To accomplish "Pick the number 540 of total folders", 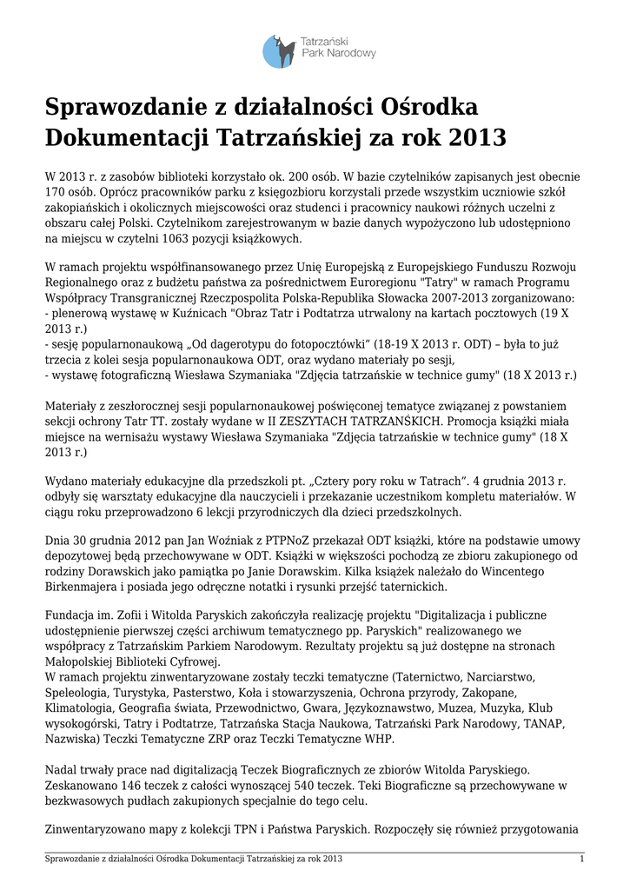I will [311, 786].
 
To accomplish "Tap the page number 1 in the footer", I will [580, 860].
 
